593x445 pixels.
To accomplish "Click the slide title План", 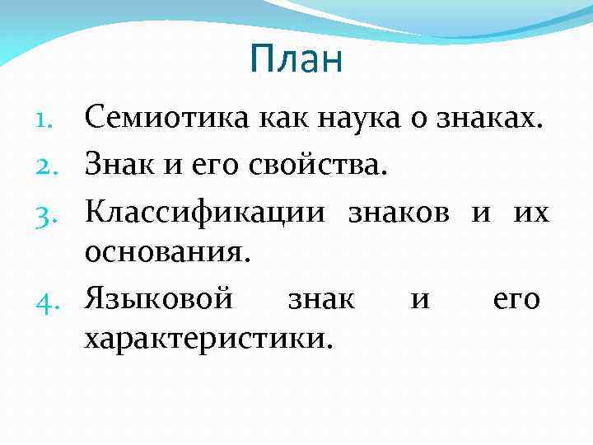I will [296, 60].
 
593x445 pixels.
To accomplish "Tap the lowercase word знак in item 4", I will [321, 298].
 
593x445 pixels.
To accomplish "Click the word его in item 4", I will [516, 298].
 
